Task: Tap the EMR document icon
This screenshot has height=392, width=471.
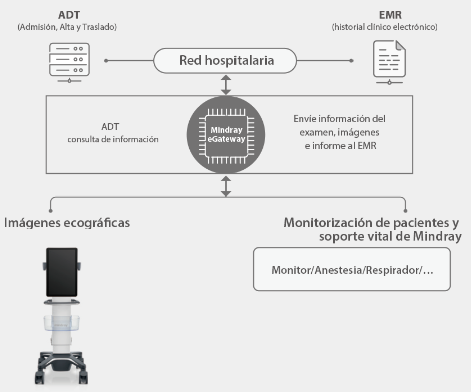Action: pyautogui.click(x=389, y=63)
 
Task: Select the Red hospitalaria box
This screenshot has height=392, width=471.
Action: pyautogui.click(x=226, y=61)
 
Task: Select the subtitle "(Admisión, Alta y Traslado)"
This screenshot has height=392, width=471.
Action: pyautogui.click(x=67, y=27)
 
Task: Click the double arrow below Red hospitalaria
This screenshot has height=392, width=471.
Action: pyautogui.click(x=226, y=85)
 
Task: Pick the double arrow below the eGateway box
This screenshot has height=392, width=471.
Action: pyautogui.click(x=226, y=185)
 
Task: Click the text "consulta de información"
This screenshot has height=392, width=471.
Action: pyautogui.click(x=113, y=139)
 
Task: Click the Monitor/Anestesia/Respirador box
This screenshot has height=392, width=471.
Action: pyautogui.click(x=351, y=269)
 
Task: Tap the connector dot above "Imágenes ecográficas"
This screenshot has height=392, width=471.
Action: pyautogui.click(x=50, y=211)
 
